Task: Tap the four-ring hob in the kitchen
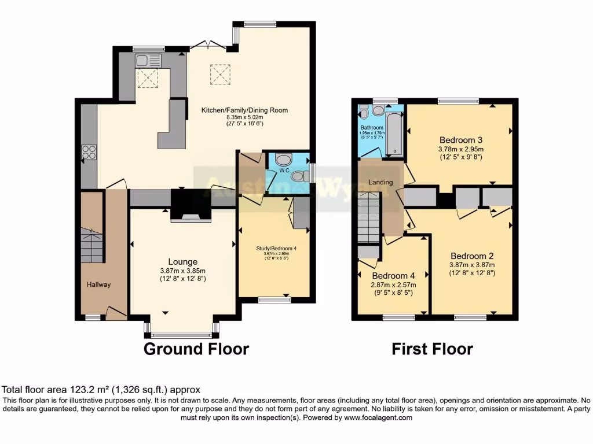pyautogui.click(x=89, y=151)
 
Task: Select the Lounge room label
pyautogui.click(x=183, y=262)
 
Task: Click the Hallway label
pyautogui.click(x=99, y=284)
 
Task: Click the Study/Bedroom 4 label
pyautogui.click(x=276, y=249)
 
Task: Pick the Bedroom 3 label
pyautogui.click(x=461, y=140)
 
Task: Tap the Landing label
pyautogui.click(x=380, y=182)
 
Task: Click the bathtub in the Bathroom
pyautogui.click(x=395, y=133)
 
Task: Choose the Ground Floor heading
pyautogui.click(x=196, y=349)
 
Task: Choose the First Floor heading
pyautogui.click(x=432, y=349)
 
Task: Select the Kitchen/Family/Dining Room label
pyautogui.click(x=244, y=110)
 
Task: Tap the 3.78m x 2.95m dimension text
pyautogui.click(x=461, y=149)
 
